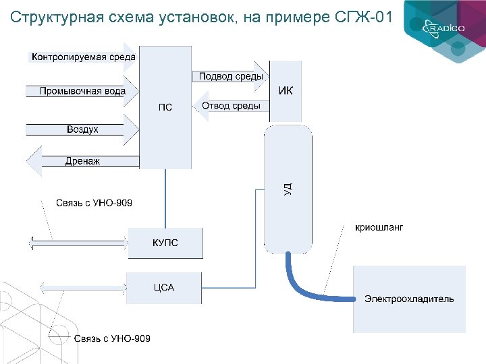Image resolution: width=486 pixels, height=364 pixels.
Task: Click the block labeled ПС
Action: coord(165,107)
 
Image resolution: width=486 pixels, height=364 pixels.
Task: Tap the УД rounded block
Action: coord(288,189)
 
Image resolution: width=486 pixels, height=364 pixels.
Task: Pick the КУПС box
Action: coord(165,243)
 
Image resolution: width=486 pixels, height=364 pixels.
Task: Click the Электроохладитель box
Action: coord(409,299)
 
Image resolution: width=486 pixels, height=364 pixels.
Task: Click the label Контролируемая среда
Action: coord(83,57)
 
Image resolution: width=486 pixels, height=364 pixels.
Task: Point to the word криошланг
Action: coord(379,228)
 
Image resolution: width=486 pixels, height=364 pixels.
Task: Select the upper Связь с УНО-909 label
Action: coord(94,203)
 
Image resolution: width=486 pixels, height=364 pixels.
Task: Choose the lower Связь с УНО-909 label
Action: coord(112,338)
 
